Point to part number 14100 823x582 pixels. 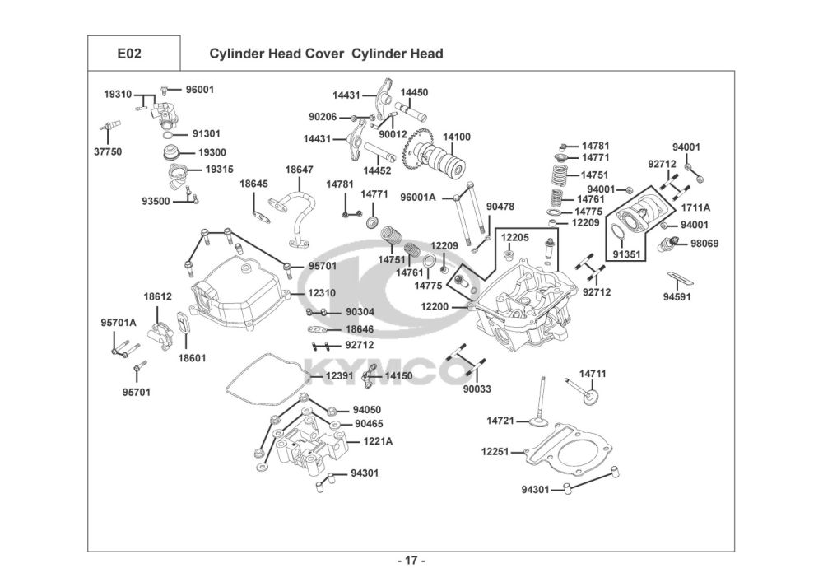(457, 137)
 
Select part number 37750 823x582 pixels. (107, 151)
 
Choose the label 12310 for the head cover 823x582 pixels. (322, 293)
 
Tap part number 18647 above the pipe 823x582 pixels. (299, 170)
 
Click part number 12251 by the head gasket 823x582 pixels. (497, 451)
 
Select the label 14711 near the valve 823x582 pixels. (592, 374)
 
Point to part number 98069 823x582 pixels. (704, 244)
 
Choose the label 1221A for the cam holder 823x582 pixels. (379, 441)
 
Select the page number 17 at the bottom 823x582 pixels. (411, 561)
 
